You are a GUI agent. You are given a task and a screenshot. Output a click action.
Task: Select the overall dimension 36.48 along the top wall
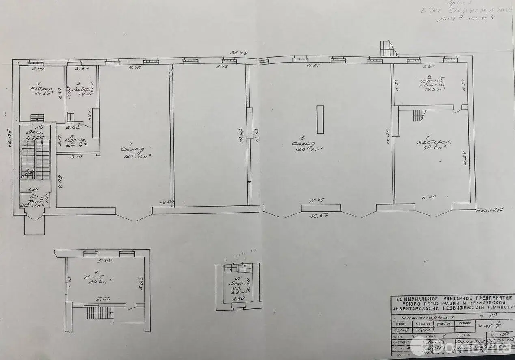point(239,52)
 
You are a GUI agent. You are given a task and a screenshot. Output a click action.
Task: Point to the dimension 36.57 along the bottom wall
point(319,216)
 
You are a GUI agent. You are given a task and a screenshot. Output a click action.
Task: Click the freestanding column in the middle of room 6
point(320,119)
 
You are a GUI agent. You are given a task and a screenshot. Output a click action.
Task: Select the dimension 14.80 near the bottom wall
point(166,202)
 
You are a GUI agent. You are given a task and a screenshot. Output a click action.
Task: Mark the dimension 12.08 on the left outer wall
point(12,139)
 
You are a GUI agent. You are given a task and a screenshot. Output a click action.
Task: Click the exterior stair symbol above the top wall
point(388,48)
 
